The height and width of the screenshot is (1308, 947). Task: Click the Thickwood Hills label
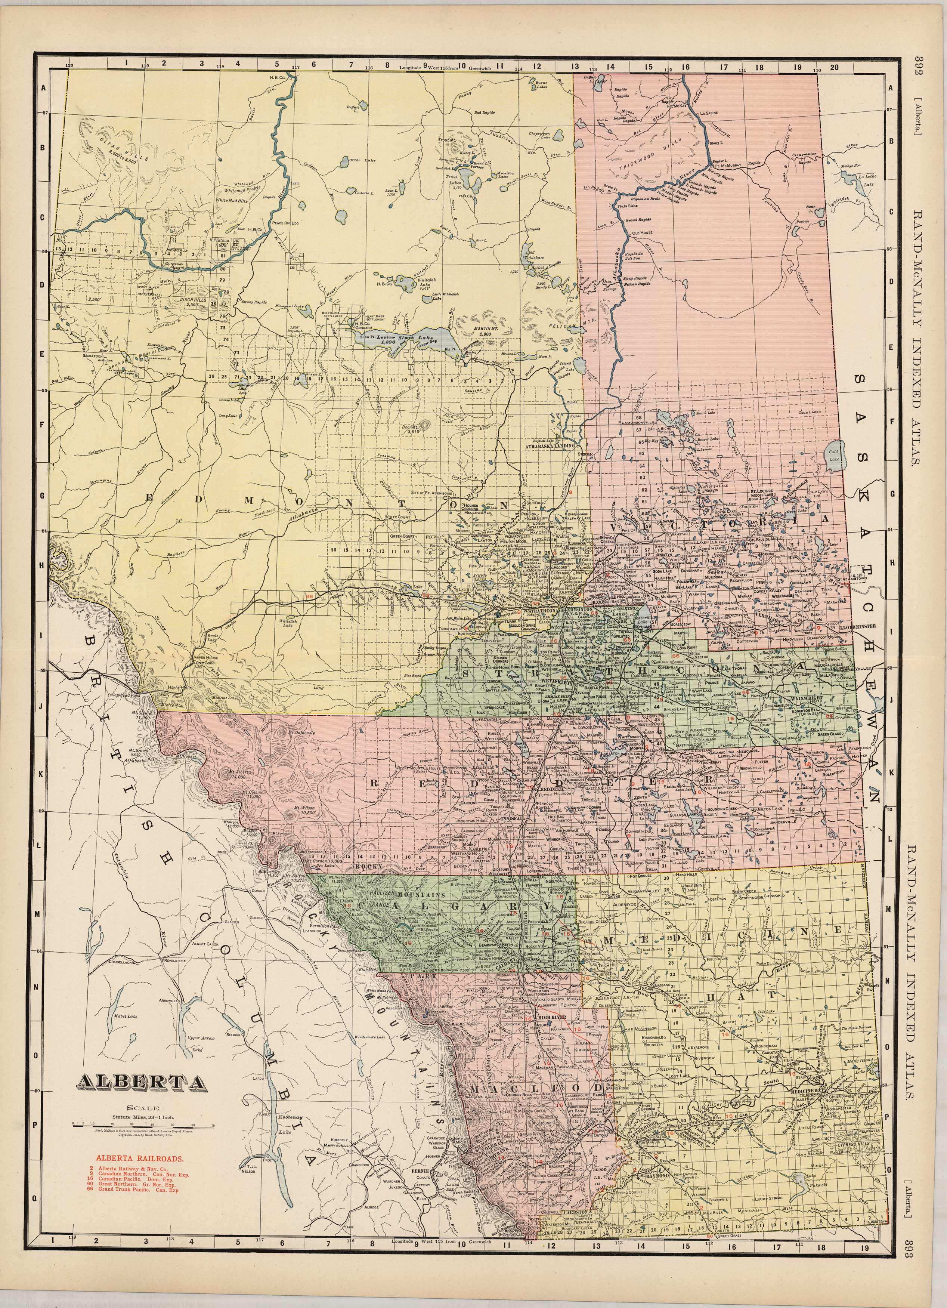657,155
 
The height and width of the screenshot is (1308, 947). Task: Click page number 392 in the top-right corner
920,65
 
